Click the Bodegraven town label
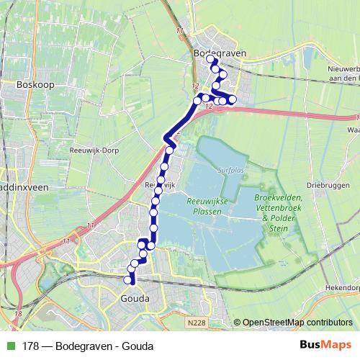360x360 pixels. (220, 53)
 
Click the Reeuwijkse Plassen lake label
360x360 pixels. (207, 207)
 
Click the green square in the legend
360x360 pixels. (9, 346)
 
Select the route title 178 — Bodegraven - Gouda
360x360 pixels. (88, 346)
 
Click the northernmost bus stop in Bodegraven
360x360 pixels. (211, 60)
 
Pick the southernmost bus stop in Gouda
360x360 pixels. (128, 280)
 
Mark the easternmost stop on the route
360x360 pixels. (232, 99)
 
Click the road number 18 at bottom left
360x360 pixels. (17, 314)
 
